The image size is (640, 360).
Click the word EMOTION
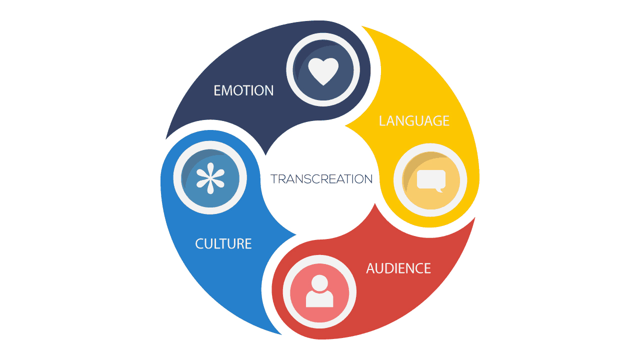243,90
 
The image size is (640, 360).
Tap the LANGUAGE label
414,121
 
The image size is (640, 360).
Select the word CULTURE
223,243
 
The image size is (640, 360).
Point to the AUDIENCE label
398,268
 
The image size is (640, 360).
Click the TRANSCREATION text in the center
321,179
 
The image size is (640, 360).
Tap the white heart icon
323,71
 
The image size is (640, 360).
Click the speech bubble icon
431,181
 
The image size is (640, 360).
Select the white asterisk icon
210,178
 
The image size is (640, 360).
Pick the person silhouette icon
319,291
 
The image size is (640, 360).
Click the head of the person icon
319,283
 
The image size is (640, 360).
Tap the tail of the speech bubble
439,190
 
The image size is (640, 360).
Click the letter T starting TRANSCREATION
275,179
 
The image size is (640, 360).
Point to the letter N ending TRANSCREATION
367,179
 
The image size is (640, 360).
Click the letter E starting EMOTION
217,90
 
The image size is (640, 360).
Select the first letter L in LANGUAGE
382,121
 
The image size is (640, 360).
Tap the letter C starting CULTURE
199,243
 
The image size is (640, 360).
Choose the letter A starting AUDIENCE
371,268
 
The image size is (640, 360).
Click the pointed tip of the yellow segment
345,125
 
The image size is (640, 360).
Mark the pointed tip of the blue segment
295,235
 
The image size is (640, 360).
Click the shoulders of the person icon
319,299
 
